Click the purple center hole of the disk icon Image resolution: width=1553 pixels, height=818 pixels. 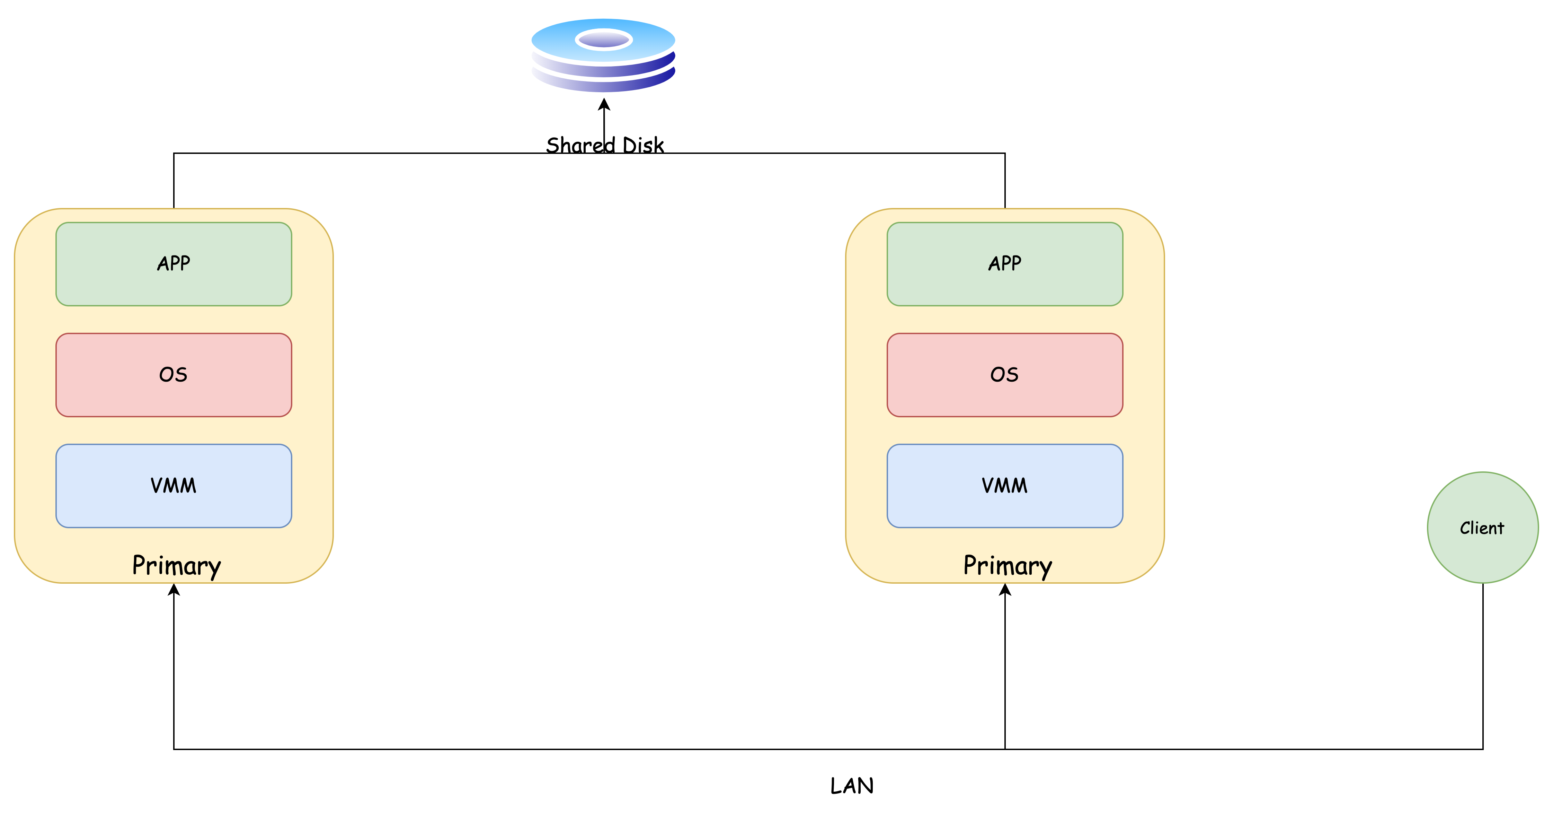pos(603,40)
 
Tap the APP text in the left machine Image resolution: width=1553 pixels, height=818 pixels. pos(174,264)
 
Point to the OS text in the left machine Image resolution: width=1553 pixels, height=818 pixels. pos(174,375)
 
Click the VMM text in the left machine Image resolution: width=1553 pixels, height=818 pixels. pos(174,486)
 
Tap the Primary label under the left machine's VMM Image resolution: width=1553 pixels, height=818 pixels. pos(177,566)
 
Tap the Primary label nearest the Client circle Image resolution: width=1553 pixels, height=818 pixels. pos(1008,566)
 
